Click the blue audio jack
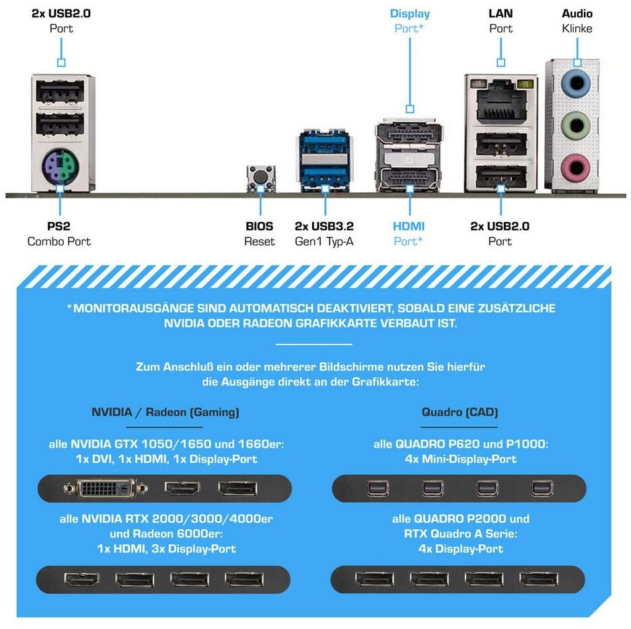click(576, 83)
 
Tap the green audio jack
click(576, 124)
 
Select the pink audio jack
click(576, 167)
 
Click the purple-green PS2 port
click(60, 167)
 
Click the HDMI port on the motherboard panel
click(409, 177)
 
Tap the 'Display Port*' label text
click(410, 21)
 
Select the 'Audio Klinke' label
click(577, 21)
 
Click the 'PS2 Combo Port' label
click(59, 233)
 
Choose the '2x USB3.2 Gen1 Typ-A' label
click(324, 233)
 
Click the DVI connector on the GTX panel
click(106, 488)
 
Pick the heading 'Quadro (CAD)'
click(459, 412)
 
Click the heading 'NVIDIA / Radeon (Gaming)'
click(165, 412)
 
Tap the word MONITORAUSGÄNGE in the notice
click(133, 308)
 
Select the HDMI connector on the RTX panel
click(81, 580)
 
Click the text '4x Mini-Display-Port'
click(461, 459)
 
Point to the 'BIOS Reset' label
click(260, 233)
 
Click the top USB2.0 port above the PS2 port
click(60, 91)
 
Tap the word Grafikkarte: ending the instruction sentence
click(385, 381)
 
